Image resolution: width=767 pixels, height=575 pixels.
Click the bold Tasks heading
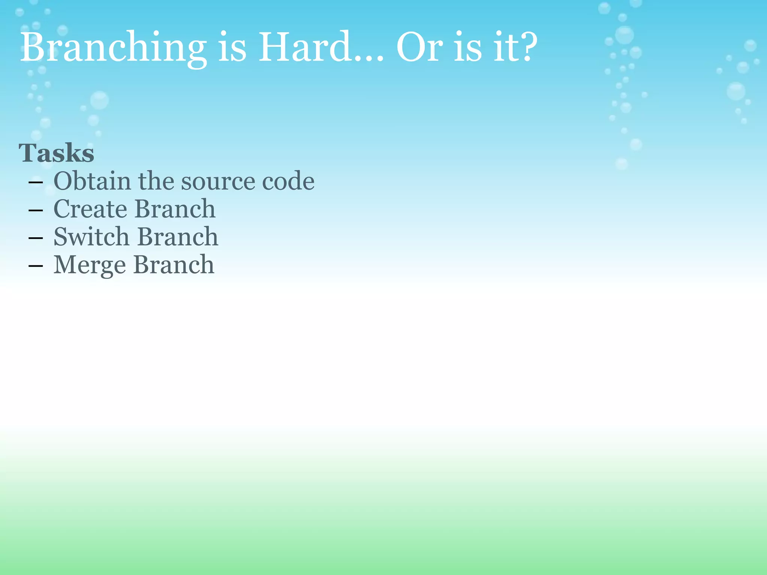(x=57, y=153)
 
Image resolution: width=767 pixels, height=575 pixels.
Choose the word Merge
(x=90, y=265)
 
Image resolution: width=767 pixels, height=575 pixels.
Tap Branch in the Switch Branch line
(x=178, y=237)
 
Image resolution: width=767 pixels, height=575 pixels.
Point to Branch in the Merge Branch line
(x=174, y=265)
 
